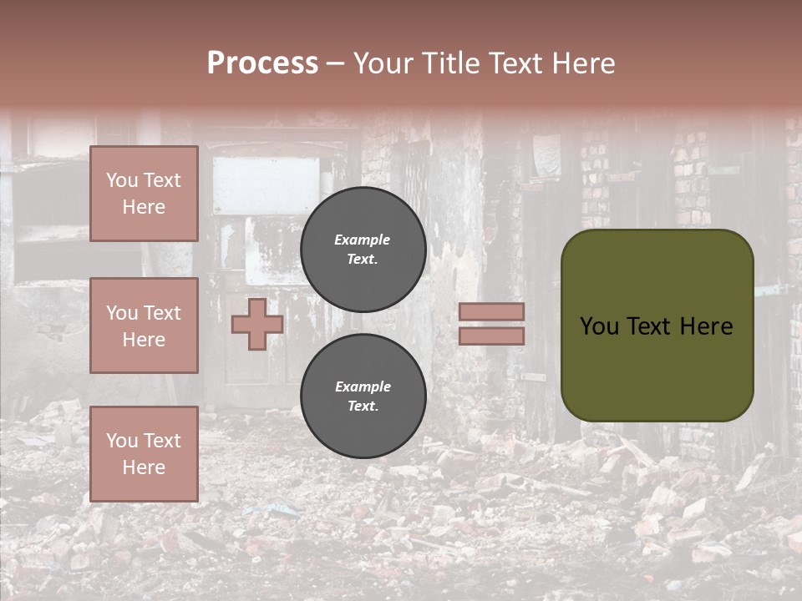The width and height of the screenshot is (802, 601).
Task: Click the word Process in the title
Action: [x=262, y=63]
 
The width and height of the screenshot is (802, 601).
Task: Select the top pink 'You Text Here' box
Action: [x=144, y=194]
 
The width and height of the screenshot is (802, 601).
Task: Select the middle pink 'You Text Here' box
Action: [x=144, y=326]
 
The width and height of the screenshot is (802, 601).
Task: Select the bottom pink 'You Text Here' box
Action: [x=144, y=454]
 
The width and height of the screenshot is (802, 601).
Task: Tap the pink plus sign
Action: [x=256, y=324]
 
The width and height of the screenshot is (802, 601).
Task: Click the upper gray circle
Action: [x=363, y=250]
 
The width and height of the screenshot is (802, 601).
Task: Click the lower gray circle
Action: [x=363, y=396]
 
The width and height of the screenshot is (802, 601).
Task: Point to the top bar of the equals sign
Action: [x=491, y=312]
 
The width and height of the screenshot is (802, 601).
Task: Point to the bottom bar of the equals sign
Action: [x=491, y=336]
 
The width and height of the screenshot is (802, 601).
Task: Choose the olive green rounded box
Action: [x=657, y=326]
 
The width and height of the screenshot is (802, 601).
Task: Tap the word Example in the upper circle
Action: [x=363, y=240]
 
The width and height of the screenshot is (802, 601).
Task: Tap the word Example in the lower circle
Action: [x=363, y=386]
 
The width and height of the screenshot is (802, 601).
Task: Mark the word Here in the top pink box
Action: [x=144, y=207]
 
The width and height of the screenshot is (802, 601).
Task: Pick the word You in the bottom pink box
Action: [x=122, y=441]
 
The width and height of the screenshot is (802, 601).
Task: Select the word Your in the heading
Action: [x=383, y=63]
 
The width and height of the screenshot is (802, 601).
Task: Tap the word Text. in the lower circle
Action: [x=363, y=407]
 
